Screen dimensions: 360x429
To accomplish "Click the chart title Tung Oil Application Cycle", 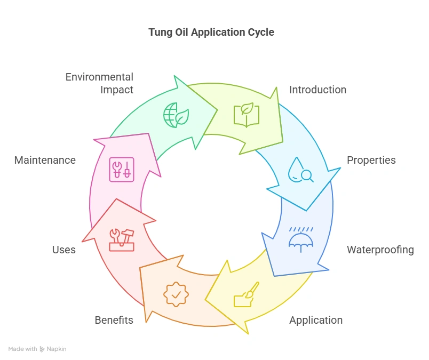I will [x=211, y=33].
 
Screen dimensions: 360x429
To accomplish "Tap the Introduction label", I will [x=317, y=90].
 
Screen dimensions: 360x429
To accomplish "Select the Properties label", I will [x=371, y=160].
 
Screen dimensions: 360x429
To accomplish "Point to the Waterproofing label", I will [x=380, y=250].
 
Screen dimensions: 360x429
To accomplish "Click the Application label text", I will [x=316, y=320].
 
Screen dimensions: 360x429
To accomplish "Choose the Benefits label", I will [x=114, y=320].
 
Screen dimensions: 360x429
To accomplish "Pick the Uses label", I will [x=64, y=250].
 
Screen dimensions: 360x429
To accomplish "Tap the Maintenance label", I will [x=45, y=160].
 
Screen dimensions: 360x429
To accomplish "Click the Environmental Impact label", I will [x=99, y=83].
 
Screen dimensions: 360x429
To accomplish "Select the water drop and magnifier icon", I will [x=299, y=170].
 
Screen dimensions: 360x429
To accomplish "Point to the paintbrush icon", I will [x=246, y=294].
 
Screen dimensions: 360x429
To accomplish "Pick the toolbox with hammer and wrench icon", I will [x=122, y=239].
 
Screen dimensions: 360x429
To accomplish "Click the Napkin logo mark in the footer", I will [x=42, y=349].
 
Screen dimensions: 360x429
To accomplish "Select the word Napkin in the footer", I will [x=57, y=349].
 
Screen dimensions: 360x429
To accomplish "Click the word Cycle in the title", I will [x=261, y=33].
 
